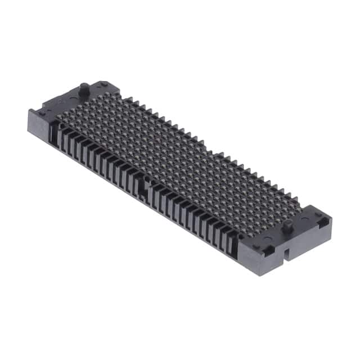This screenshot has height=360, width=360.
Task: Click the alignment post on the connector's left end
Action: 83,89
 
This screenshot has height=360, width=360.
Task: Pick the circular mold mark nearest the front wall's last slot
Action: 256,245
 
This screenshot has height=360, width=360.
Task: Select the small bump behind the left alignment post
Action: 104,84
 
